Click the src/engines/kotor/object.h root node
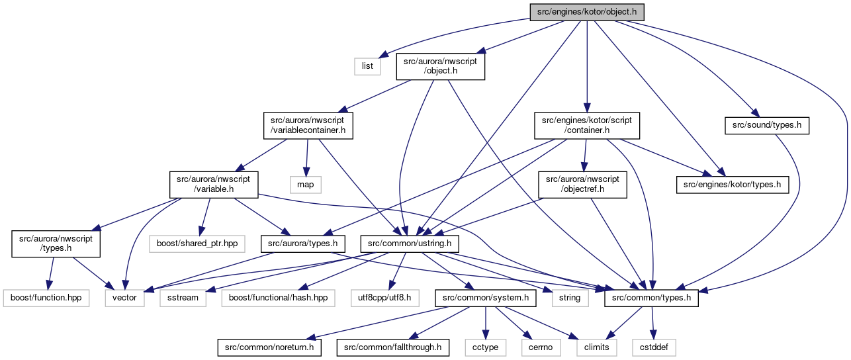(586, 12)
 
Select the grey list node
(367, 66)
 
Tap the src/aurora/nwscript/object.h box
(440, 66)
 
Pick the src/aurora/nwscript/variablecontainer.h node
(308, 125)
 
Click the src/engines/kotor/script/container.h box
(586, 125)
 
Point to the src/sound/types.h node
(767, 125)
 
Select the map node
(306, 185)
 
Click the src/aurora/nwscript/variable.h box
(214, 185)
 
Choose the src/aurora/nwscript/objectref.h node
(582, 185)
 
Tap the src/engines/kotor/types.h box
(732, 185)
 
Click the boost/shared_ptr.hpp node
(197, 244)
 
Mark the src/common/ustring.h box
(410, 244)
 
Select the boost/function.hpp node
(46, 298)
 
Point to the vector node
(124, 298)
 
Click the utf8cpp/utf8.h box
(384, 298)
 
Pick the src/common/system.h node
(486, 298)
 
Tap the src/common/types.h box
(651, 298)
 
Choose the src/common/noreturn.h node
(269, 348)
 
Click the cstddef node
(654, 348)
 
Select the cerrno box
(541, 348)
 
